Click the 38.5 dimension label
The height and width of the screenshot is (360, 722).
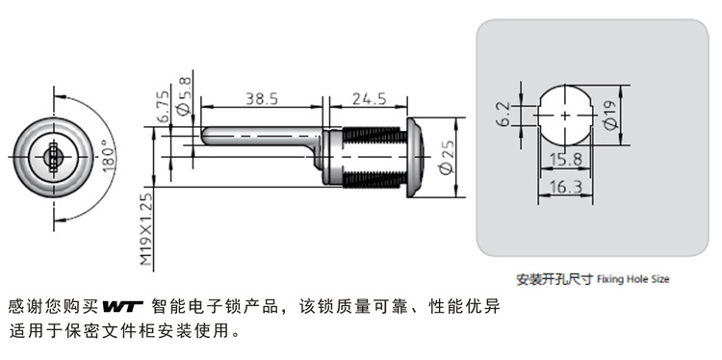(x=262, y=98)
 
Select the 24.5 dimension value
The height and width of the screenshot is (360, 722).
(x=370, y=98)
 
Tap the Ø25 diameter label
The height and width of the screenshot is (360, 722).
(x=447, y=158)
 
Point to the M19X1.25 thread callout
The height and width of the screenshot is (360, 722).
(x=145, y=229)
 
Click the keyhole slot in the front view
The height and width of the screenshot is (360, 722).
(x=53, y=158)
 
